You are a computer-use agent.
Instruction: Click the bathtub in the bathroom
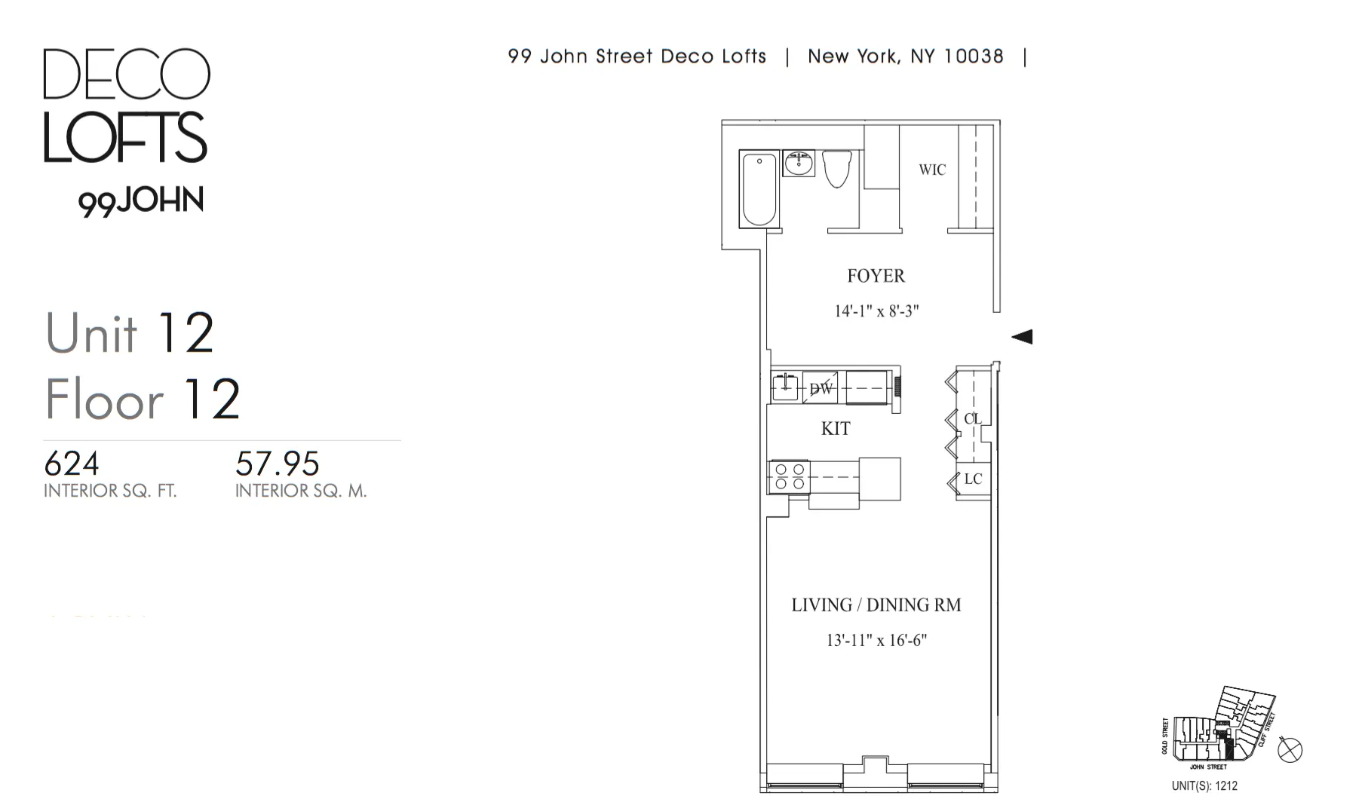tap(759, 189)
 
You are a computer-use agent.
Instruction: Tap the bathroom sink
tap(799, 163)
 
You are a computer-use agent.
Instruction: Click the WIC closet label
tap(931, 170)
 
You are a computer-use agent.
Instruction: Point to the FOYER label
tap(876, 276)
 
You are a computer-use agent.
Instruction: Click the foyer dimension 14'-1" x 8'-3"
tap(876, 311)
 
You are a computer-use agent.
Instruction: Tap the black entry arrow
tap(1022, 336)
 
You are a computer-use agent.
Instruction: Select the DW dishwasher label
tap(821, 389)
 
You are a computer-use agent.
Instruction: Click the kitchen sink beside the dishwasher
tap(785, 387)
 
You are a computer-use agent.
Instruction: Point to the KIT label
tap(836, 429)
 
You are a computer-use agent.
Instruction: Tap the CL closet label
tap(973, 418)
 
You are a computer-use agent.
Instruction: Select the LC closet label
tap(973, 479)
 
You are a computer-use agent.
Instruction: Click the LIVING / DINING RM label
tap(876, 605)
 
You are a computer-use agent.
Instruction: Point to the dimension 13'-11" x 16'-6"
tap(876, 641)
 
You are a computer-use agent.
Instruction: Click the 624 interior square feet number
tap(72, 464)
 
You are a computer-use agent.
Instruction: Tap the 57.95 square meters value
tap(278, 464)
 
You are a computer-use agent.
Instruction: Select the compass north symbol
tap(1290, 750)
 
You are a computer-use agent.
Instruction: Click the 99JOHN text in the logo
tap(141, 201)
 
